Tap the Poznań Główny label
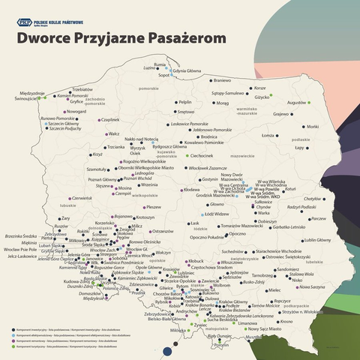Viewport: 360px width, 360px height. pos(103,179)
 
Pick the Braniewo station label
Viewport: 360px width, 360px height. pos(222,79)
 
